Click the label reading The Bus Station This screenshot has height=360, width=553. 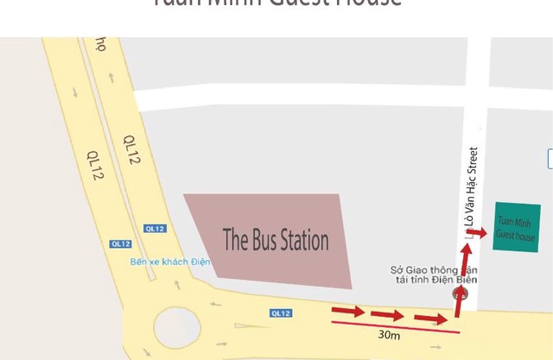pyautogui.click(x=276, y=239)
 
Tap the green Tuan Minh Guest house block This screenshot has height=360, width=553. pyautogui.click(x=517, y=228)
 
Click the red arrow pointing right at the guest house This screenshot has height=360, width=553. pyautogui.click(x=478, y=233)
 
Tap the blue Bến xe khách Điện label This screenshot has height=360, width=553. pyautogui.click(x=170, y=262)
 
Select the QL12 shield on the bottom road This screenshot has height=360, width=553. pyautogui.click(x=281, y=313)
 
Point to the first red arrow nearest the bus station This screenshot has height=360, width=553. pyautogui.click(x=348, y=311)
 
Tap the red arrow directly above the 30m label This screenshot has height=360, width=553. pyautogui.click(x=388, y=315)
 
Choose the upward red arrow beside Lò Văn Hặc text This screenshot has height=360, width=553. pyautogui.click(x=466, y=256)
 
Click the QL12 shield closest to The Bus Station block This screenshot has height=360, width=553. pyautogui.click(x=155, y=229)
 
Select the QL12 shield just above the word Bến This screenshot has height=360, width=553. pyautogui.click(x=121, y=243)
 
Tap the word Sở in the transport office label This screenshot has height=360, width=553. pyautogui.click(x=397, y=269)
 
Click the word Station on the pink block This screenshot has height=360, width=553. pyautogui.click(x=302, y=239)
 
